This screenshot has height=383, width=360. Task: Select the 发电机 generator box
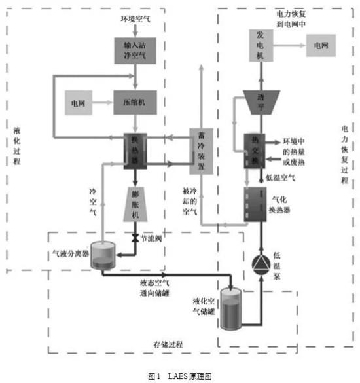pyautogui.click(x=258, y=46)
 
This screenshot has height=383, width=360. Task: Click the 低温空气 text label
pyautogui.click(x=281, y=177)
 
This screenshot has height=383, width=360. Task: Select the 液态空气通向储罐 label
pyautogui.click(x=156, y=288)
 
